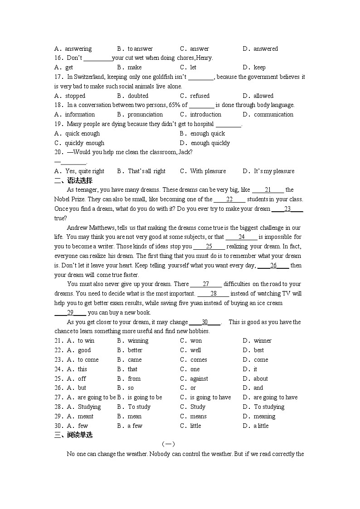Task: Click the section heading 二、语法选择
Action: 73,180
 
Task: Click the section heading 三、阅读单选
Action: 73,435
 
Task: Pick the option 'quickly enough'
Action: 84,143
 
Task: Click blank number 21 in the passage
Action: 268,190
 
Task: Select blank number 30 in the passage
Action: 204,322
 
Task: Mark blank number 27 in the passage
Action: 206,284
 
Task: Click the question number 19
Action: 58,124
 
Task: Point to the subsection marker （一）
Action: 168,445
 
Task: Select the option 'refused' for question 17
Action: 199,96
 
